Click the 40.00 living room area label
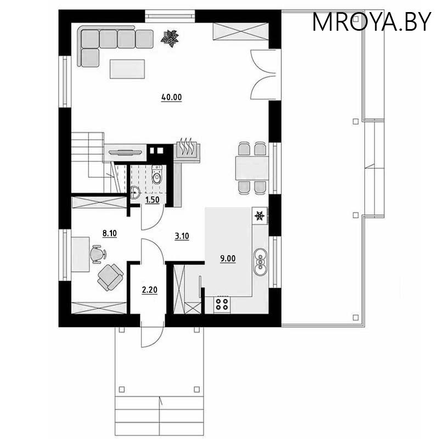coord(171,98)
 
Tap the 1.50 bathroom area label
coord(151,201)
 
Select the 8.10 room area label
coord(110,233)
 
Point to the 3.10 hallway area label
coord(182,237)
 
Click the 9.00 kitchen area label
coord(228,258)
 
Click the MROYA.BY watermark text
coord(372,21)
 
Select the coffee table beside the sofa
coord(128,69)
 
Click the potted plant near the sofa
coord(170,38)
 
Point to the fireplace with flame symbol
coord(187,150)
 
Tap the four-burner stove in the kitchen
coord(222,304)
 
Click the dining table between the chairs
coord(252,167)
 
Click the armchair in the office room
coord(111,276)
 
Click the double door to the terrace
coord(262,74)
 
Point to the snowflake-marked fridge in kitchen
coord(260,216)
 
